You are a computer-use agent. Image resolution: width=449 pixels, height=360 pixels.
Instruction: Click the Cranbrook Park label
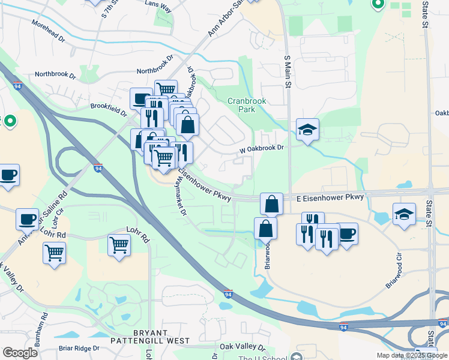(x=246, y=106)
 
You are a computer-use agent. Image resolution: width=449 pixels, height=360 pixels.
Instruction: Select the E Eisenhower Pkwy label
(x=330, y=197)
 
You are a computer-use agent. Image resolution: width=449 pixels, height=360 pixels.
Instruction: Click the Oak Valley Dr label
(x=242, y=347)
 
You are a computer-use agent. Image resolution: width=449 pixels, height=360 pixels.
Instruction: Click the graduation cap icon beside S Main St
(x=307, y=130)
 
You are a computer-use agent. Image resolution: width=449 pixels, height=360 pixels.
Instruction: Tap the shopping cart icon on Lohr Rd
(x=119, y=245)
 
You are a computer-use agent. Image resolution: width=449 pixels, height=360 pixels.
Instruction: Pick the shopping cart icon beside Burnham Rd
(x=54, y=253)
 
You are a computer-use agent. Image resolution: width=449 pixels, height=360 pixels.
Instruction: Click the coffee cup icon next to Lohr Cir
(x=28, y=220)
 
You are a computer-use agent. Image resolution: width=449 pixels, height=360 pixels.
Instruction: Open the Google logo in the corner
(x=20, y=353)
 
